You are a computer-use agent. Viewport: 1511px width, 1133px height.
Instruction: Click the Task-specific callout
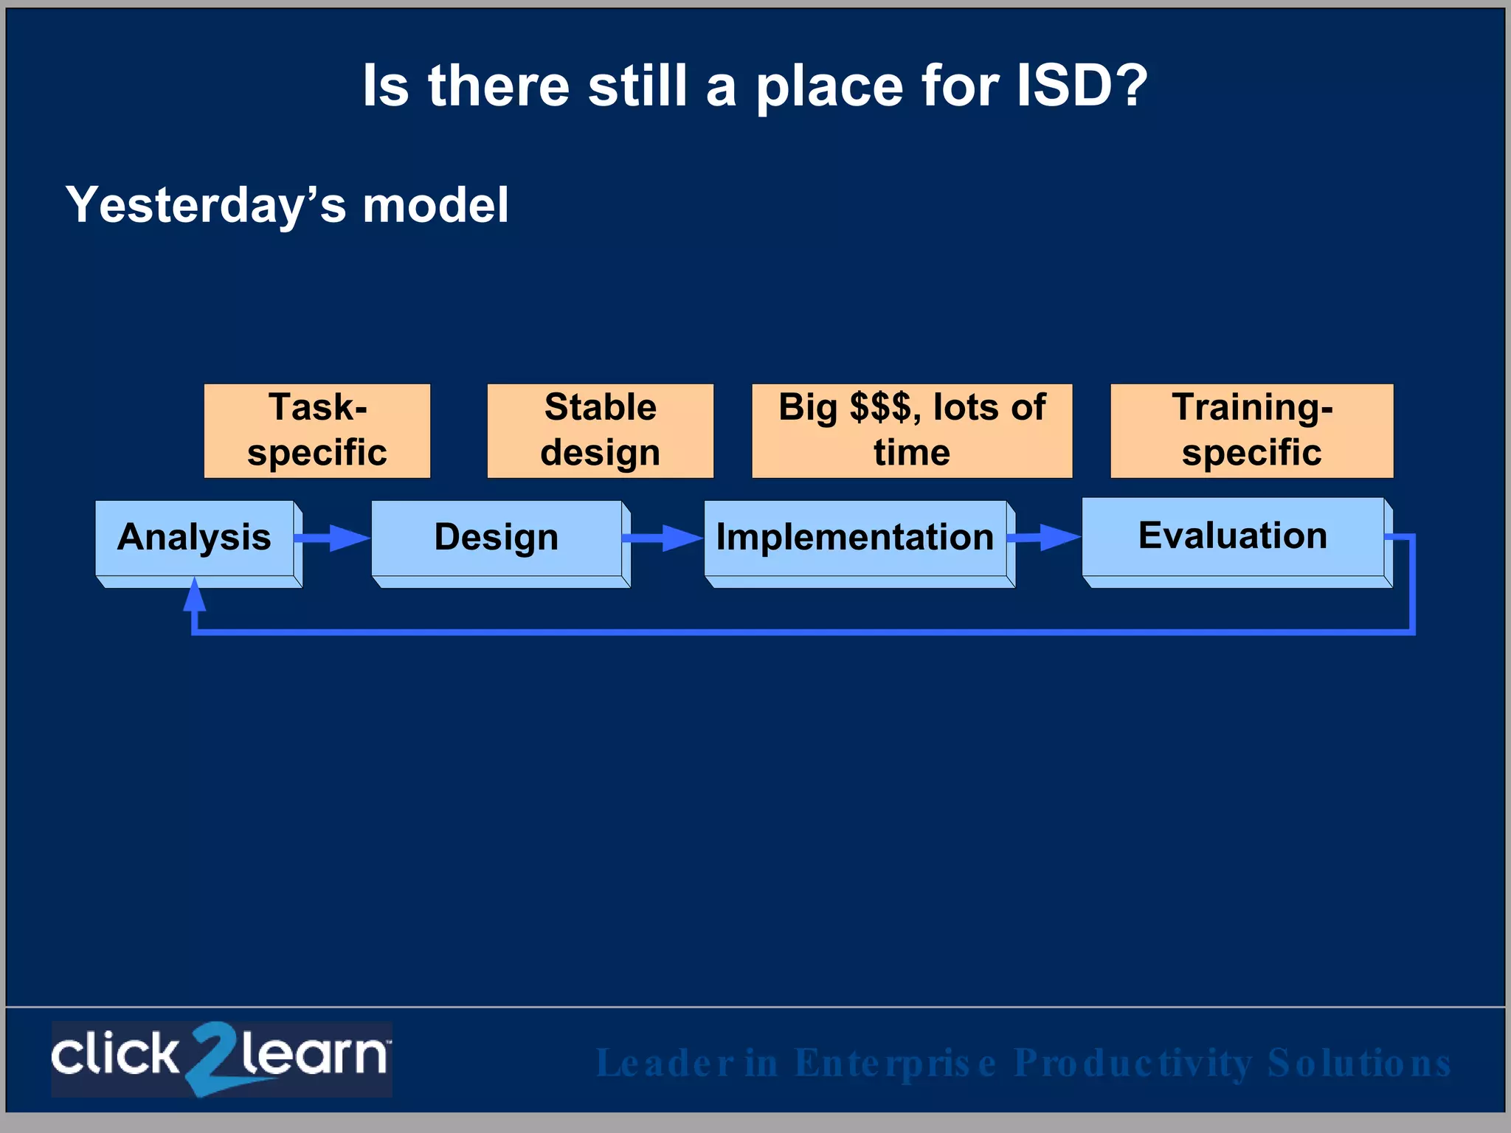[x=317, y=431]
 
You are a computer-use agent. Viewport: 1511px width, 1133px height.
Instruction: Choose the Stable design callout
[x=600, y=431]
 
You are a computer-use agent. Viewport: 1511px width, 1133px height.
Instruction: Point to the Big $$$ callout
[x=912, y=431]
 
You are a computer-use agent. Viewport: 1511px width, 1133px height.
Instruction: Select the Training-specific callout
[x=1252, y=431]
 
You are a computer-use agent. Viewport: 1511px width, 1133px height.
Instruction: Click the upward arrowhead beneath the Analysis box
[x=194, y=596]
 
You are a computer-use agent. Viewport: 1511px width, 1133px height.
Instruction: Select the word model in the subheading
[x=435, y=205]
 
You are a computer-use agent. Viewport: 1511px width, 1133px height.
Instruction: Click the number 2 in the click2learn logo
[x=212, y=1058]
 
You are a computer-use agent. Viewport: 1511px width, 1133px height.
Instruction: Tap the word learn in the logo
[x=314, y=1055]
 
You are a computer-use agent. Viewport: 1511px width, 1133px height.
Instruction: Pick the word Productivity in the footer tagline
[x=1133, y=1064]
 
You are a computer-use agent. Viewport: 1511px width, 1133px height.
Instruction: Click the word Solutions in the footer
[x=1359, y=1064]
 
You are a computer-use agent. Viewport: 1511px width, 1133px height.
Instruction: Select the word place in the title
[x=829, y=87]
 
